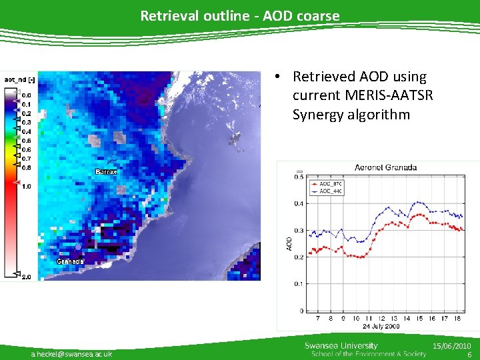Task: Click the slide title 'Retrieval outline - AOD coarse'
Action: [x=239, y=15]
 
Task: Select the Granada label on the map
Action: [x=70, y=261]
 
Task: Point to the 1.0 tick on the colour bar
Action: [x=25, y=187]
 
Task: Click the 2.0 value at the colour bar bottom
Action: [x=25, y=276]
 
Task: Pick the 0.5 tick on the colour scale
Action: [x=25, y=141]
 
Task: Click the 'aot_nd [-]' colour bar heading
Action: [x=20, y=79]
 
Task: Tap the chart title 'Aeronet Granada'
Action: [x=385, y=167]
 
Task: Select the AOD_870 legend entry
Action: [x=330, y=184]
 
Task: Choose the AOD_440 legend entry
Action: [x=330, y=191]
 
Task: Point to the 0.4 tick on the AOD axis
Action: [x=299, y=203]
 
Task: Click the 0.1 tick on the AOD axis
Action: [x=299, y=284]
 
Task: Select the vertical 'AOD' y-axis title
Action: [x=289, y=243]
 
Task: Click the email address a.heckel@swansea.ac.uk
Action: [x=71, y=353]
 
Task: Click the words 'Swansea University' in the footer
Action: [x=341, y=345]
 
